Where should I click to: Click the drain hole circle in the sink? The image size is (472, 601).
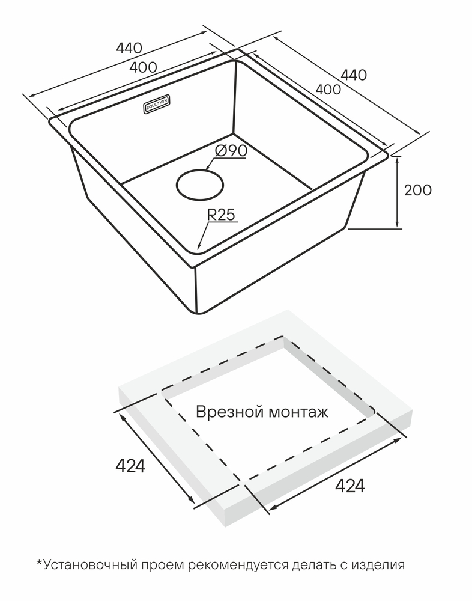click(201, 185)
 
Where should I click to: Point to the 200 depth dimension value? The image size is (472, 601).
click(417, 191)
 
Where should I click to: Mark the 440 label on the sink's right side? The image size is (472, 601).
click(353, 75)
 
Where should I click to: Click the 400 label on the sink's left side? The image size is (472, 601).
click(143, 67)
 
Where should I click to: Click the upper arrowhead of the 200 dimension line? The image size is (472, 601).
click(398, 158)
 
